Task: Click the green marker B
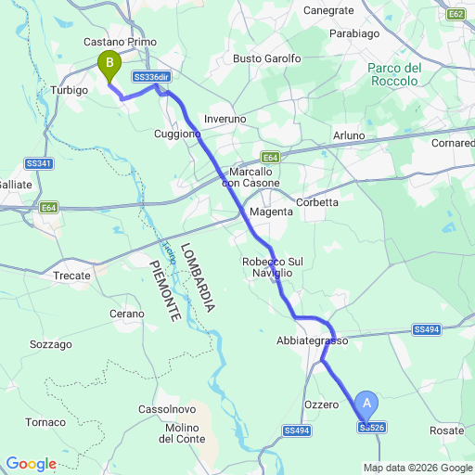click(x=109, y=65)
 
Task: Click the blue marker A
click(x=367, y=404)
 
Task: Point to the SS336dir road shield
click(x=151, y=77)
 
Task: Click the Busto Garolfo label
click(x=267, y=58)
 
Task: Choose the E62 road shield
click(x=455, y=15)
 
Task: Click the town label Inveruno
click(x=225, y=120)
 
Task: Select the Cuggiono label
click(x=177, y=135)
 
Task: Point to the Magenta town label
click(x=272, y=212)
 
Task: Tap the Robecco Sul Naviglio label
click(x=273, y=268)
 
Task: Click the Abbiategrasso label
click(x=312, y=341)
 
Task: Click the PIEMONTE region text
click(x=163, y=291)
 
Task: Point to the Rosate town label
click(x=447, y=431)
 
